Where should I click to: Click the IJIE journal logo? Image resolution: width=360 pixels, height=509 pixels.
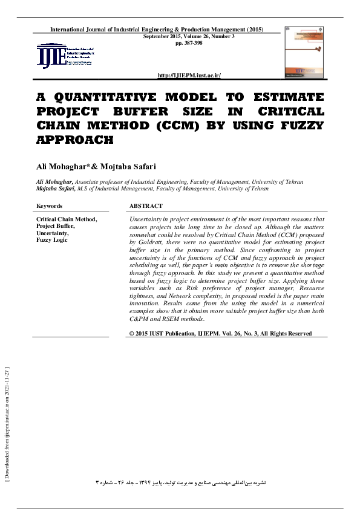(66, 56)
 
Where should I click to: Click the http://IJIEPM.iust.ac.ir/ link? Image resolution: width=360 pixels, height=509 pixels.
(189, 75)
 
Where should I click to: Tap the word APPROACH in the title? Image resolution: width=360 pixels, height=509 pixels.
(75, 140)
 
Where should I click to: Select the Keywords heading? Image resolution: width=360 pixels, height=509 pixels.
(50, 206)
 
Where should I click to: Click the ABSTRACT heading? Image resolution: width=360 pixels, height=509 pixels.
(146, 206)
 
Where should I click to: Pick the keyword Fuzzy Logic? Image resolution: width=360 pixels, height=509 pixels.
(52, 241)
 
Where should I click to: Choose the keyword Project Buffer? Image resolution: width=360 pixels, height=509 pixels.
(55, 226)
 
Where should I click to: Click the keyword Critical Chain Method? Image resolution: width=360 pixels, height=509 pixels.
(67, 219)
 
